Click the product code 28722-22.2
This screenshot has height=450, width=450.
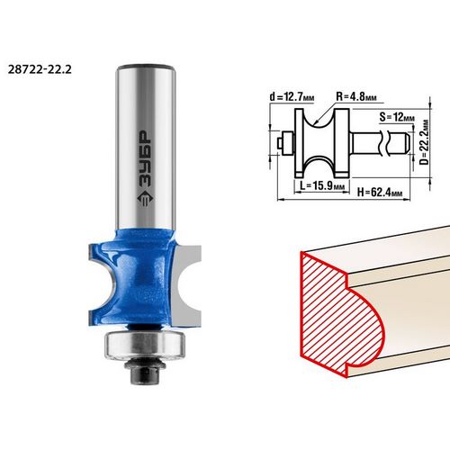tap(40, 70)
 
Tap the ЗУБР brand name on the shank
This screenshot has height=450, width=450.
tap(146, 158)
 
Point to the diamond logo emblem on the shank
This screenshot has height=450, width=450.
tap(146, 198)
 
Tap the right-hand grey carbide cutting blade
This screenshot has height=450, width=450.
tap(186, 285)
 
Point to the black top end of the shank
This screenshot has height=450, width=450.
tap(146, 67)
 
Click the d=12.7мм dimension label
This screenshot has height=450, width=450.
tap(292, 97)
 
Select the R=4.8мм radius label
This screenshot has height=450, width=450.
tap(356, 96)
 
